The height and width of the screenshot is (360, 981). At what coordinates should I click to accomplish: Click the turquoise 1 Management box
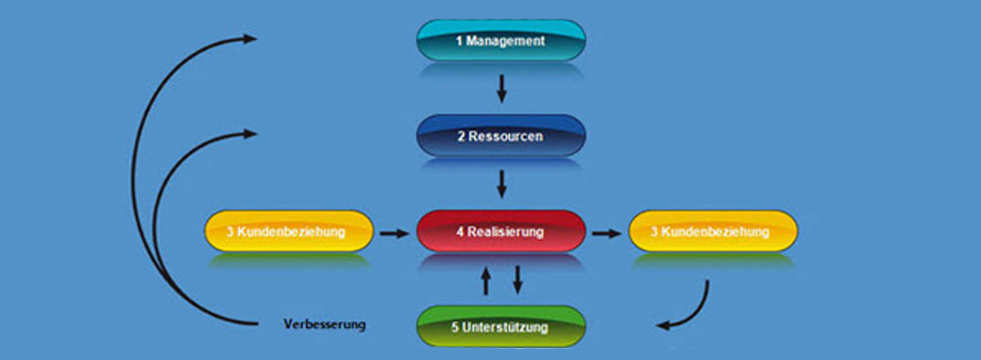point(500,40)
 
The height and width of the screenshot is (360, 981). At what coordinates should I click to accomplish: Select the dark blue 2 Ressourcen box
point(500,136)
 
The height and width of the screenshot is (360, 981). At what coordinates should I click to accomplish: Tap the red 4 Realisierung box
point(500,231)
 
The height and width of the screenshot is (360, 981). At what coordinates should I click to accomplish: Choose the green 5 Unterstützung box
point(500,326)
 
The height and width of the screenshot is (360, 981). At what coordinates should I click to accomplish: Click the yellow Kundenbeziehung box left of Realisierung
point(289,231)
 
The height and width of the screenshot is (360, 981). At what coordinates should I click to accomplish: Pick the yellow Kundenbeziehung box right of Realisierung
point(713,231)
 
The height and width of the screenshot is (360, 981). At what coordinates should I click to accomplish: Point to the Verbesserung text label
point(324,325)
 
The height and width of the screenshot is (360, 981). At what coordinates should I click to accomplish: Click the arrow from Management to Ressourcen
point(501,88)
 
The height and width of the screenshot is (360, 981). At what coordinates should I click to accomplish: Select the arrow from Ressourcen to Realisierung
point(501,184)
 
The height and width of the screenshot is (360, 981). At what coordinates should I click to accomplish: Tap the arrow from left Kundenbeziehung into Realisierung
point(394,233)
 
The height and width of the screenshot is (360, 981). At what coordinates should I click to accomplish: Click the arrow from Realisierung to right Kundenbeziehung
point(606,233)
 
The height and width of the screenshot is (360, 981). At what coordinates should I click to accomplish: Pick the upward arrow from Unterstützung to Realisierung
point(486,280)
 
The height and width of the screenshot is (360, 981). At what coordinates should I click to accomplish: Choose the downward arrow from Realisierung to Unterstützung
point(518,279)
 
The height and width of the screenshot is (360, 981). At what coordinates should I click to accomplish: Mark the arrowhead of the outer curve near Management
point(250,39)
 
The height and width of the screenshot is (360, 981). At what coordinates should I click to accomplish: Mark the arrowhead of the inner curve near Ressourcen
point(250,133)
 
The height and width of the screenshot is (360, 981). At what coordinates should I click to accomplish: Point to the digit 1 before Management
point(460,41)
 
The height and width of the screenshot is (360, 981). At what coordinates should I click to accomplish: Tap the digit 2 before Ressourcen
point(461,137)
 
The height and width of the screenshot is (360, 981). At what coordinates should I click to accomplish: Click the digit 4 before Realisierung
point(460,232)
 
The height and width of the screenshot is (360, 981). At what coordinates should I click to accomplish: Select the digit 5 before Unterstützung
point(455,327)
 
